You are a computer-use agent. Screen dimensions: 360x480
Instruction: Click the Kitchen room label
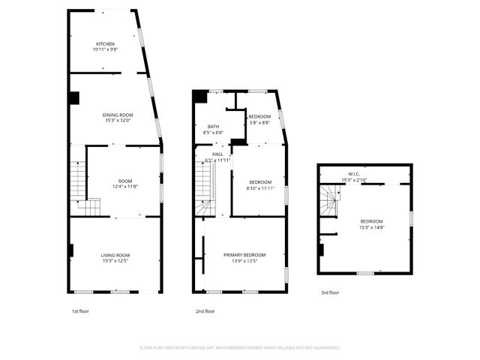[104, 43]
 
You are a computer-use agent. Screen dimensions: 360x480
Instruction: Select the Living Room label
[115, 255]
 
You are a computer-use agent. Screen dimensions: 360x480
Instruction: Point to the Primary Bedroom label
[240, 255]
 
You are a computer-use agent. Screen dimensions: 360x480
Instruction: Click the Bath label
[213, 126]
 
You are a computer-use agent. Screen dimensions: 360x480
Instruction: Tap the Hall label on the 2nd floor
[217, 154]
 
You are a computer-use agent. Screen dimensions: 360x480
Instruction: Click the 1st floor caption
[79, 311]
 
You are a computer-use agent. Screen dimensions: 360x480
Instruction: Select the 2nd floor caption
[205, 311]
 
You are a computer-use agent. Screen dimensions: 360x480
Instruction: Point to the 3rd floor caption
[330, 292]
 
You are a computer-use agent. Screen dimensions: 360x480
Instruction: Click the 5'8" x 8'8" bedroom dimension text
[259, 122]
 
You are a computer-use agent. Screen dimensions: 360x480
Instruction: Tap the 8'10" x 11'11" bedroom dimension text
[259, 188]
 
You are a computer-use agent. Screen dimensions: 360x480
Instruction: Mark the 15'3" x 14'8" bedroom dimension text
[371, 226]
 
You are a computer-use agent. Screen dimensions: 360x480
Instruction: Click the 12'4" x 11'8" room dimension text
[124, 187]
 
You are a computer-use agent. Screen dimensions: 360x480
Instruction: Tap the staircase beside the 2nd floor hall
[205, 187]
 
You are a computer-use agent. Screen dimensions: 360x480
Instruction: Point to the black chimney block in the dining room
[73, 97]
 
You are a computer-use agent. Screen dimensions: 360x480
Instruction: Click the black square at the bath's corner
[199, 96]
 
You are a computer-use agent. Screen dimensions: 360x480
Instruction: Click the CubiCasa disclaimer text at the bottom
[240, 348]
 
